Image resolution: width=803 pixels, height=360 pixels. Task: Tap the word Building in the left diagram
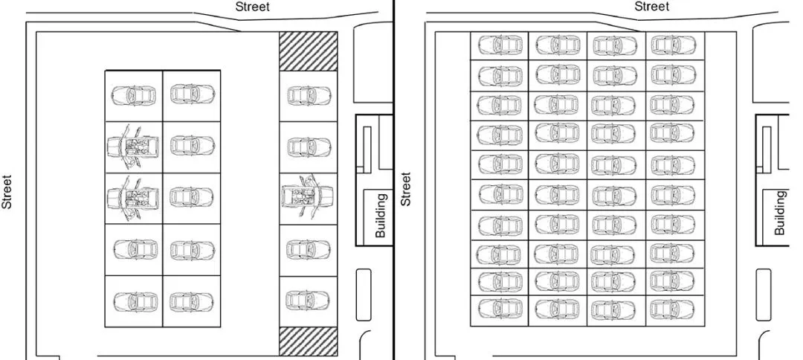click(381, 216)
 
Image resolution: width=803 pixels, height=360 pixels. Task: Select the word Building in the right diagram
click(779, 213)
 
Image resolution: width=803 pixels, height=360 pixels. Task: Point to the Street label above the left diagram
click(252, 7)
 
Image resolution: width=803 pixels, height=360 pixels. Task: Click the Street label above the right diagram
click(651, 7)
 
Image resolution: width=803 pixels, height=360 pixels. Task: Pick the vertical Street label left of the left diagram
click(7, 192)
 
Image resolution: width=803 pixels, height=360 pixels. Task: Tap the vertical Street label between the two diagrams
click(406, 189)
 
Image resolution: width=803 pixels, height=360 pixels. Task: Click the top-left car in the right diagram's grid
click(499, 45)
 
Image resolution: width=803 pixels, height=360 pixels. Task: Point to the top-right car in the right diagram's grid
click(672, 45)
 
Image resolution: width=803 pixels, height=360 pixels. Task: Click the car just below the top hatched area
click(308, 95)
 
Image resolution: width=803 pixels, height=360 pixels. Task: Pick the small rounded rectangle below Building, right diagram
click(764, 295)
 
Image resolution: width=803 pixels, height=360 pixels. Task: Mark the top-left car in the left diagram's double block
click(134, 95)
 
